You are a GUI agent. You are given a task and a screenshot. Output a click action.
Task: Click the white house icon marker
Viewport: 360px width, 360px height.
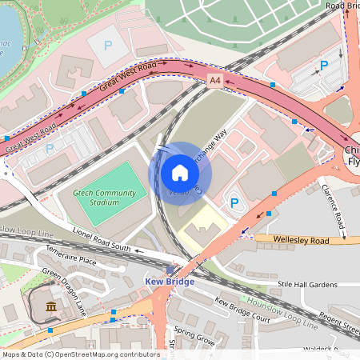pos(180,173)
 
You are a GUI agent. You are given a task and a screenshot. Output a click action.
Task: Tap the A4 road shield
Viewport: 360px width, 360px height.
pos(214,81)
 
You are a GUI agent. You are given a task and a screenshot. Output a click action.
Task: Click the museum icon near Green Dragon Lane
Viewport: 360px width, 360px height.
pos(51,307)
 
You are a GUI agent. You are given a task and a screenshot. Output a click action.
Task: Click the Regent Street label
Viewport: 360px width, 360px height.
pos(339,323)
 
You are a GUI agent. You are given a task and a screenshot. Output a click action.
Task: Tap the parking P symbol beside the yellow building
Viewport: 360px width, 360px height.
pos(234,204)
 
